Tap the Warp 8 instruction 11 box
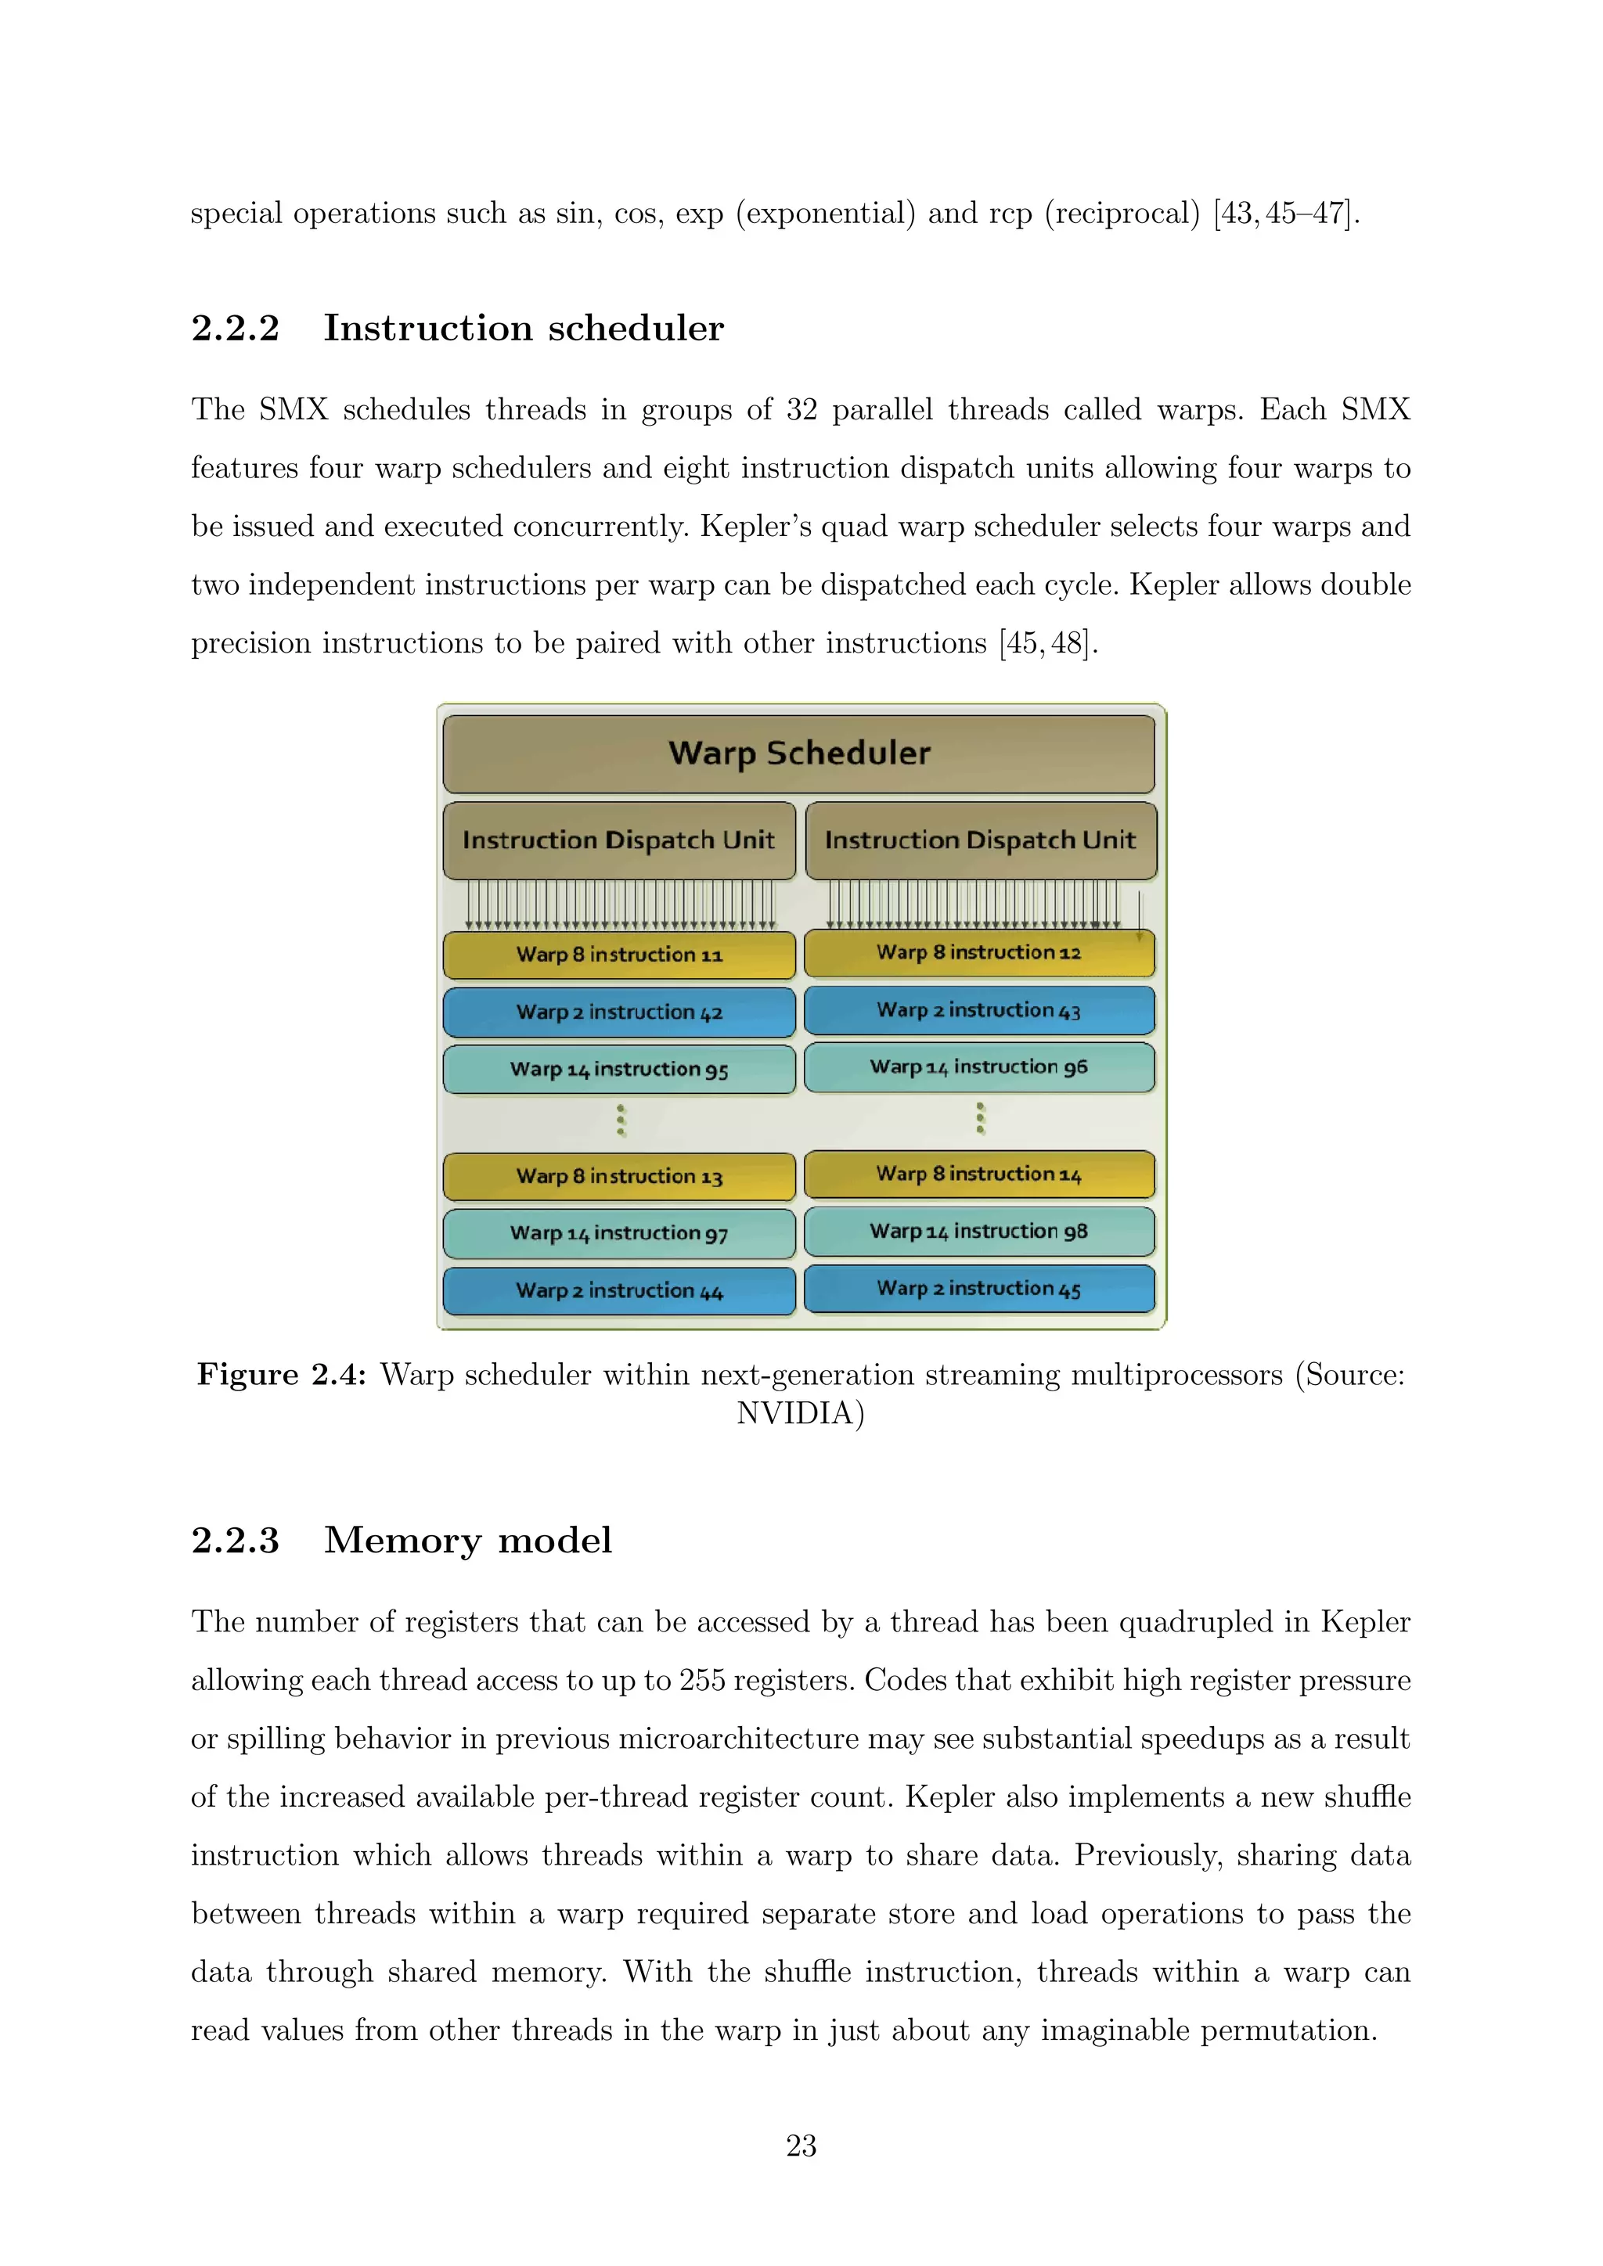(619, 955)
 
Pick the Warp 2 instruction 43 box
(979, 1011)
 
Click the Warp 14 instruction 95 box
(619, 1069)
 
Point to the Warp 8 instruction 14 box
(979, 1174)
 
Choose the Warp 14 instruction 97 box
(619, 1232)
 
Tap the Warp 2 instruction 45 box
(979, 1289)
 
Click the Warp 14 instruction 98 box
(979, 1231)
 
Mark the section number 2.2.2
(235, 329)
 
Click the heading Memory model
(468, 1541)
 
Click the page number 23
(801, 2146)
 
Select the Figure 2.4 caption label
(281, 1375)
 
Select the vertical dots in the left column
(621, 1120)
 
